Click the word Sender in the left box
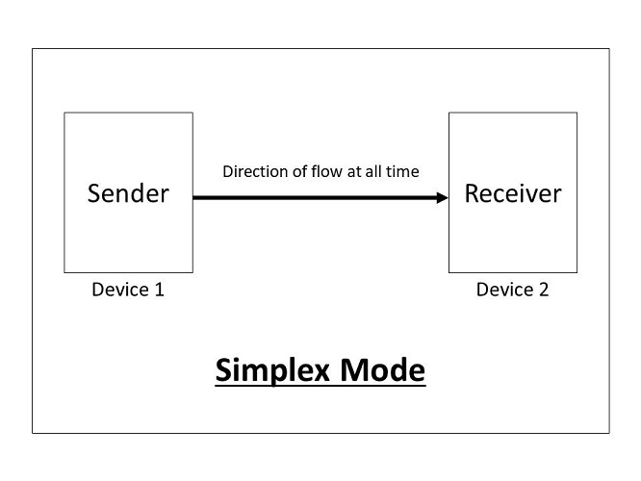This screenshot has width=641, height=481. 128,193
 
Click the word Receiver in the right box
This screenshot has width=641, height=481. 512,193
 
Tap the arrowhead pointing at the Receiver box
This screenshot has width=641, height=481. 442,198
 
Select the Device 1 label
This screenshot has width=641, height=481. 128,290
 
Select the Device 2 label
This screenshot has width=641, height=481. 512,290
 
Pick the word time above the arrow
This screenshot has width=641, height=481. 402,172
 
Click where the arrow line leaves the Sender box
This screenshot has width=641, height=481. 194,198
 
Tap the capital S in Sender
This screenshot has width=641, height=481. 94,193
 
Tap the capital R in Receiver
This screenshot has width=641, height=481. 473,193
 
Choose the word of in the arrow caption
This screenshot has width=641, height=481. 300,172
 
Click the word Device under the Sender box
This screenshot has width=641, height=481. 118,290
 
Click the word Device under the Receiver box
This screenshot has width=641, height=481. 502,290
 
